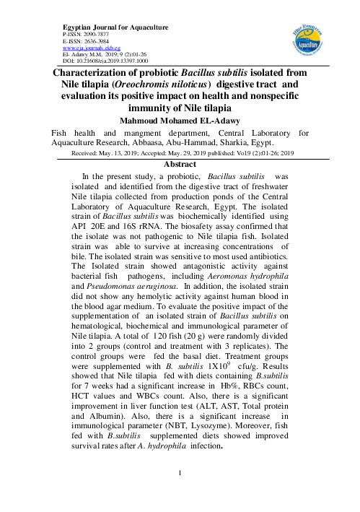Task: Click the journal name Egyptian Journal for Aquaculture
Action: pos(116,27)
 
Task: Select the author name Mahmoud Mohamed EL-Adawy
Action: pos(180,121)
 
